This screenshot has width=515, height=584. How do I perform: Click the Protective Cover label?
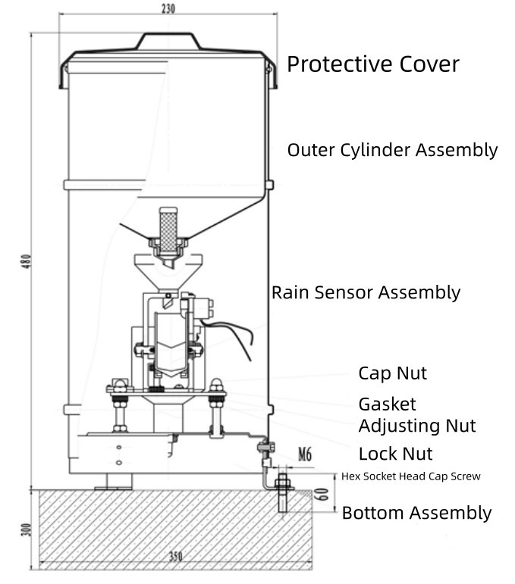[x=372, y=64]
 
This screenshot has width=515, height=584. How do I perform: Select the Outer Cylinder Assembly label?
[x=392, y=150]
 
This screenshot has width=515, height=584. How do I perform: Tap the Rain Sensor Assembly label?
[x=366, y=292]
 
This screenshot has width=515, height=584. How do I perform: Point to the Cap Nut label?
[x=392, y=373]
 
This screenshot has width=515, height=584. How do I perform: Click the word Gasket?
[x=387, y=404]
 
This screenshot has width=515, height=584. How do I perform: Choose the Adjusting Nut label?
[x=416, y=426]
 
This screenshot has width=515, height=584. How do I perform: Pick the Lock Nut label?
[x=395, y=454]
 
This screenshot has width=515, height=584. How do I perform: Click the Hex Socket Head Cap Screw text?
[x=410, y=476]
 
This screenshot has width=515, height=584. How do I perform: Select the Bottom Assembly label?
[x=416, y=513]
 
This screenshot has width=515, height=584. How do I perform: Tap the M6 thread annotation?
[x=305, y=454]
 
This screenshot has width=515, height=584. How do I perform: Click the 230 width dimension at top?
[x=168, y=9]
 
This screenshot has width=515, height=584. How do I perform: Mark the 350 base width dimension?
[x=175, y=557]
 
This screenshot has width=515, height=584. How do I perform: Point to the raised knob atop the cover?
[x=168, y=39]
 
